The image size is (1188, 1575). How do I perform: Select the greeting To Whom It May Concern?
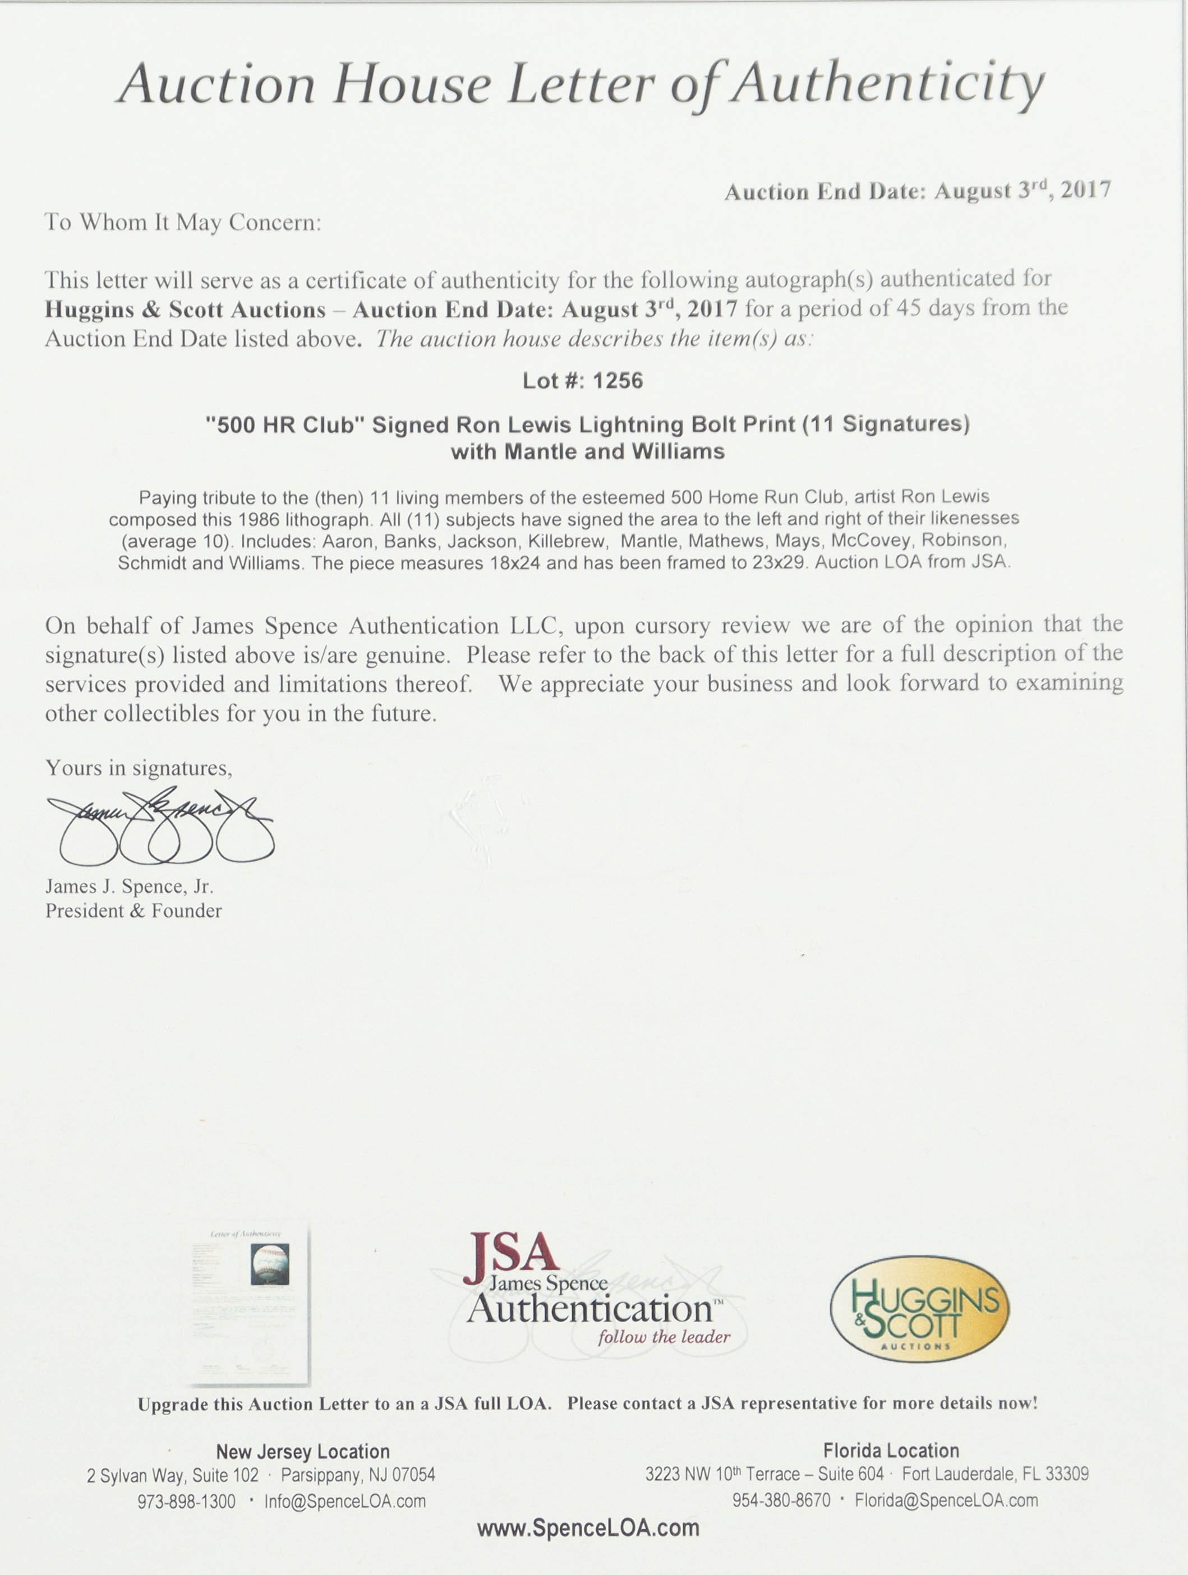coord(183,223)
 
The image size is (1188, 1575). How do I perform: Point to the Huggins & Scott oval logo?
coord(919,1308)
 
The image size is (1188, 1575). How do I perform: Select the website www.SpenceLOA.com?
coord(588,1527)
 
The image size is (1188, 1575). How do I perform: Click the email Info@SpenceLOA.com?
coord(345,1501)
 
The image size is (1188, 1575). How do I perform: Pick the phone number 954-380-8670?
coord(781,1500)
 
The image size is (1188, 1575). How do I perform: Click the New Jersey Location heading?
coord(303,1451)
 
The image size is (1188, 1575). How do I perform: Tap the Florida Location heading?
coord(890,1451)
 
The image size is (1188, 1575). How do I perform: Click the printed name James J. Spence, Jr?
coord(130,886)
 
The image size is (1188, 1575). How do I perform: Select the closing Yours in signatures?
coord(139,768)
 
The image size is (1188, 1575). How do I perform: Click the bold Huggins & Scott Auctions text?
coord(185,310)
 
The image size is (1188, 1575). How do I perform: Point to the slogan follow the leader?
coord(664,1337)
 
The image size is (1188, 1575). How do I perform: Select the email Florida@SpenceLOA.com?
coord(946,1500)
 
